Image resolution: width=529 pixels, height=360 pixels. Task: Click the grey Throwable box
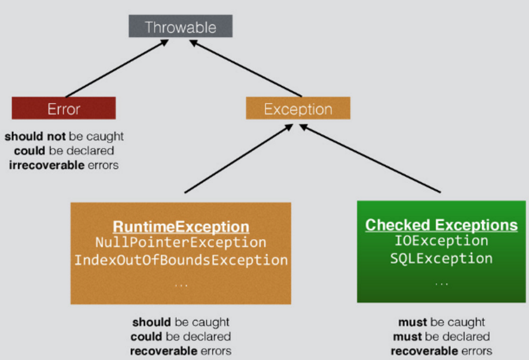[180, 27]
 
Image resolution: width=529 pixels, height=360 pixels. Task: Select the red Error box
[64, 109]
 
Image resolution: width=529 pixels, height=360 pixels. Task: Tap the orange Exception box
[298, 109]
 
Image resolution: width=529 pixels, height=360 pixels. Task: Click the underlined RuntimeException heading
[181, 226]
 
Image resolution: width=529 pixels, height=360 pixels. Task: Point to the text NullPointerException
[181, 243]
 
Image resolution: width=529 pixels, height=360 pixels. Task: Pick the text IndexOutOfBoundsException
[181, 260]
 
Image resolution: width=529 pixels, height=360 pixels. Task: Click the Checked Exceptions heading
[441, 225]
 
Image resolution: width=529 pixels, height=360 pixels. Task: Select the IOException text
[441, 241]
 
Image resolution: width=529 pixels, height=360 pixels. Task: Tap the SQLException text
[441, 258]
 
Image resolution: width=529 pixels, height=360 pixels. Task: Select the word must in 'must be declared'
[406, 336]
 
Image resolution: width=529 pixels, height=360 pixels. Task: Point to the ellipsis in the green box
[441, 284]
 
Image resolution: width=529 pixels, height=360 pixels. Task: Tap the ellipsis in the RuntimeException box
[181, 285]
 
